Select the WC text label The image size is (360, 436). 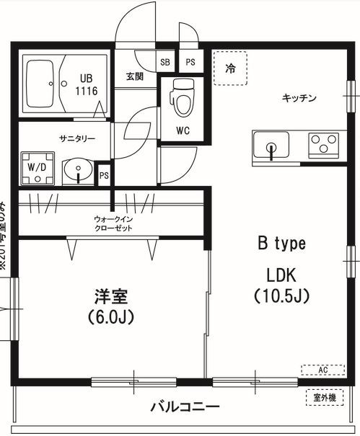[183, 130]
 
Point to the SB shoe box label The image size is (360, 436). [165, 63]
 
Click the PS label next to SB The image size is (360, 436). [190, 63]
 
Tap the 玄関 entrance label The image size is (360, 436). [135, 76]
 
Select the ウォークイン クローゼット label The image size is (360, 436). [113, 223]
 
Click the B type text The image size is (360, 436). [282, 244]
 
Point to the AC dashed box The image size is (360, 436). [322, 370]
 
